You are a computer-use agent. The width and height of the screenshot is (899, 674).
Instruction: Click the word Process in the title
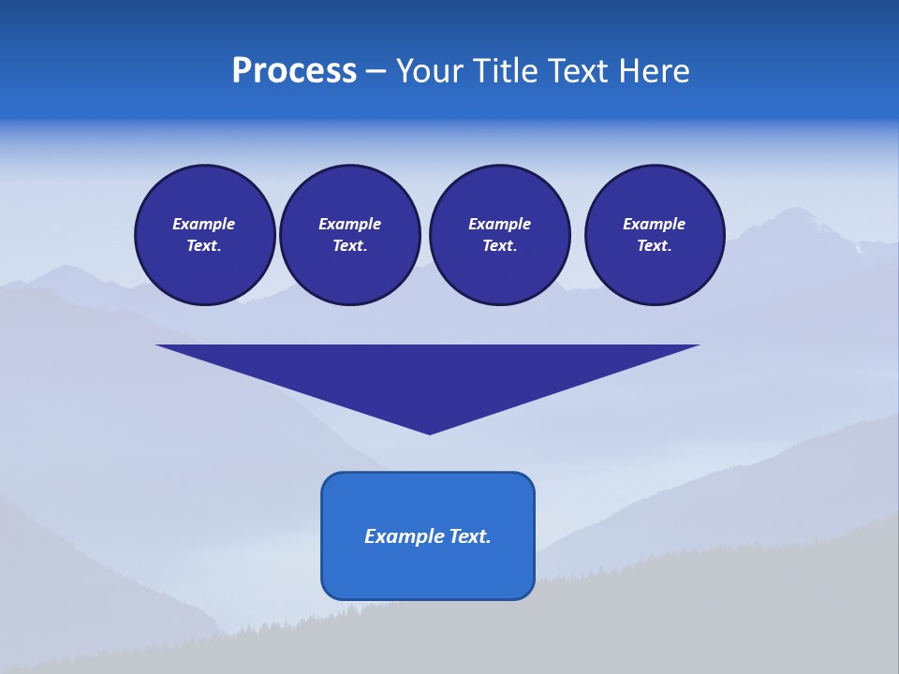point(294,70)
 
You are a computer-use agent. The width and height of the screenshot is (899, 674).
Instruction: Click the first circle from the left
point(205,235)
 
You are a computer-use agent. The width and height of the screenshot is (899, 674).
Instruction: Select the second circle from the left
point(350,235)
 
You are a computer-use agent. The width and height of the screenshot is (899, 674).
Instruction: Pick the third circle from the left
point(500,235)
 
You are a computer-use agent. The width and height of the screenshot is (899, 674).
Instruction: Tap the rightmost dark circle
point(655,235)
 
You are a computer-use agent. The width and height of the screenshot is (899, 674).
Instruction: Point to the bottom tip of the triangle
point(430,432)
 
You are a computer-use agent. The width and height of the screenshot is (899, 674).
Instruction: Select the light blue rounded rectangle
point(428,535)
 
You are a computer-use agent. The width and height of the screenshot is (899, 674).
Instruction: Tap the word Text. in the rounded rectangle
point(470,536)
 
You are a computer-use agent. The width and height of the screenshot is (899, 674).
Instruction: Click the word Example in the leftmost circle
point(204,224)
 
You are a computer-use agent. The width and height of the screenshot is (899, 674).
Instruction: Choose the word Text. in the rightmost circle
point(655,246)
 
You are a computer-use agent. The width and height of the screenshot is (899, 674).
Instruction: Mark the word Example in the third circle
point(500,224)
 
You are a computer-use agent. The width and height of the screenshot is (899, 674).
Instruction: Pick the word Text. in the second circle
point(350,246)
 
